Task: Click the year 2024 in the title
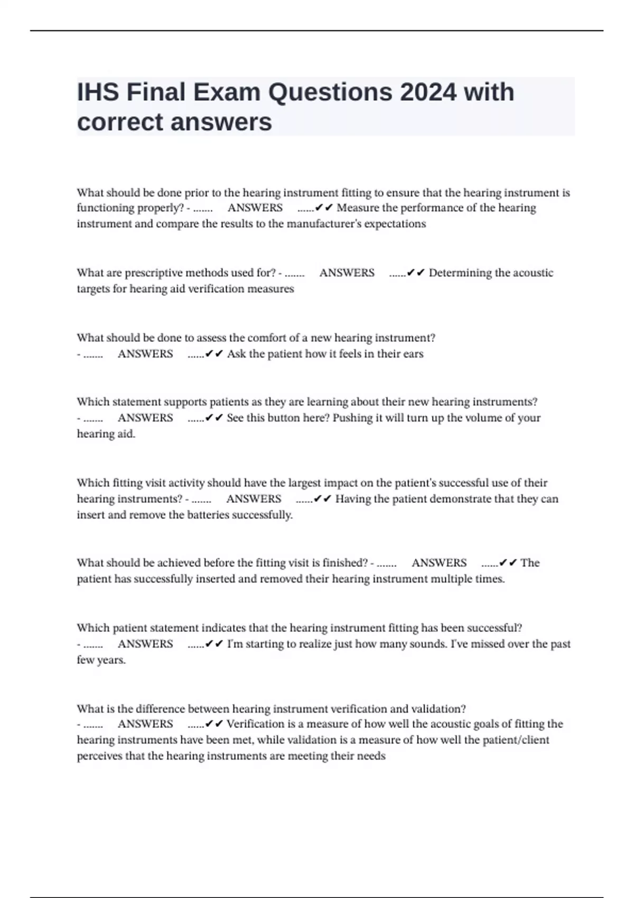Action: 428,92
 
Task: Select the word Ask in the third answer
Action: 236,354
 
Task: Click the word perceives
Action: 99,756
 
